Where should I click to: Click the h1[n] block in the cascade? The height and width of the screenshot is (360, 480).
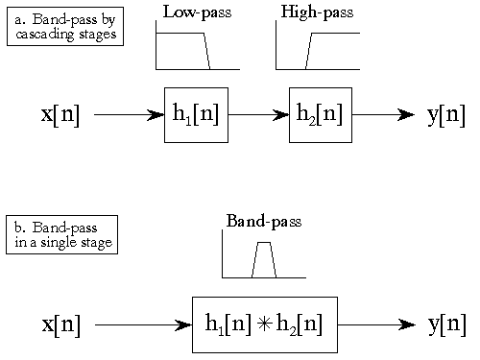pyautogui.click(x=196, y=114)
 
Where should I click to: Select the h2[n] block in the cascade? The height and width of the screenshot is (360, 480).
pyautogui.click(x=320, y=114)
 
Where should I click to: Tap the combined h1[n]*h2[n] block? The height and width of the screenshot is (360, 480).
pyautogui.click(x=264, y=324)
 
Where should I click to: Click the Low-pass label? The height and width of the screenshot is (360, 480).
pyautogui.click(x=197, y=12)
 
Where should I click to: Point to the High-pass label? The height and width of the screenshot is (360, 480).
pyautogui.click(x=317, y=12)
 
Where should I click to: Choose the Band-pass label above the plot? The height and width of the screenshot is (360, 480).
pyautogui.click(x=263, y=222)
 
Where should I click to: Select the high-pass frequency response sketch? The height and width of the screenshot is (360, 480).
pyautogui.click(x=317, y=48)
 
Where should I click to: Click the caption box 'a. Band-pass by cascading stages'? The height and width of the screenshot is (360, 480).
pyautogui.click(x=65, y=26)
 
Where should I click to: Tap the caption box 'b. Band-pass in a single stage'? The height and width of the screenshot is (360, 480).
pyautogui.click(x=61, y=234)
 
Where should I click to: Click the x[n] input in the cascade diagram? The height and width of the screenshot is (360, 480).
pyautogui.click(x=60, y=114)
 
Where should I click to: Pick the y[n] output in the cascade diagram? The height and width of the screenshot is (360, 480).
pyautogui.click(x=445, y=114)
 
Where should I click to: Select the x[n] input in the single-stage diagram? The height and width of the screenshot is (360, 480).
pyautogui.click(x=60, y=324)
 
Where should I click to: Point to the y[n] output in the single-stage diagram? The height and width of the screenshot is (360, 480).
pyautogui.click(x=445, y=324)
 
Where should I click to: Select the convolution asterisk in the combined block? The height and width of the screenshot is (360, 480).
pyautogui.click(x=265, y=324)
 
